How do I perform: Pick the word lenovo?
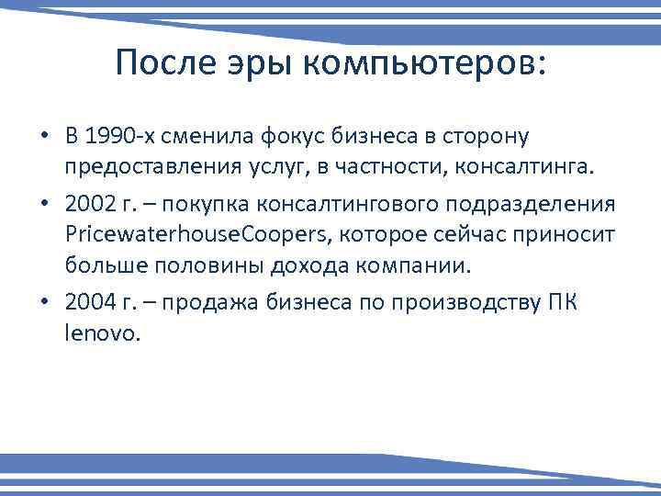[x=103, y=334]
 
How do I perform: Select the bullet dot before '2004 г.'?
[x=43, y=303]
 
